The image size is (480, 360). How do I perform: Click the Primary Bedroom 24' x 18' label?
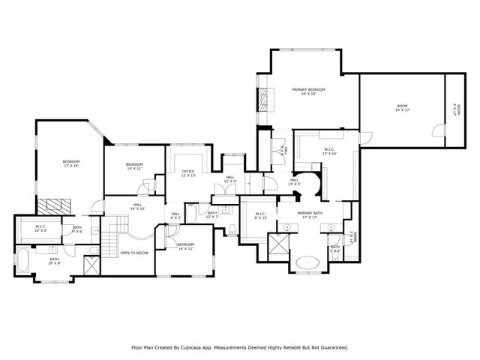pos(308,91)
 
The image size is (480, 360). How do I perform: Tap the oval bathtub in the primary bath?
pos(307,263)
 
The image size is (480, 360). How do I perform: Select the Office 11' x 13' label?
pos(188,173)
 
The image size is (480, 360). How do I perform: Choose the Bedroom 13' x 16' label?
pos(70,163)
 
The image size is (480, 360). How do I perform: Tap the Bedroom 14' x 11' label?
pos(134,166)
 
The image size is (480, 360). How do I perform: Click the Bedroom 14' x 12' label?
pos(186,246)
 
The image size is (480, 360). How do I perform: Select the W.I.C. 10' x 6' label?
pos(40,229)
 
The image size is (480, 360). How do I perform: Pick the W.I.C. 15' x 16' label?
pos(330,151)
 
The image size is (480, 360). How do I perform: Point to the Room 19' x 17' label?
pos(403,109)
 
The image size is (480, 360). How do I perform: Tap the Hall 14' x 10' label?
pos(138,206)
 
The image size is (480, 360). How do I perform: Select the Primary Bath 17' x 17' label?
pos(309,215)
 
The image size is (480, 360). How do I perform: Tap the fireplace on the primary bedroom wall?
pos(262,101)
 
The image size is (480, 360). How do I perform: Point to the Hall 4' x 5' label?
pos(175,216)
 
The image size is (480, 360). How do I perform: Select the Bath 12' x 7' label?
pos(212,214)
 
